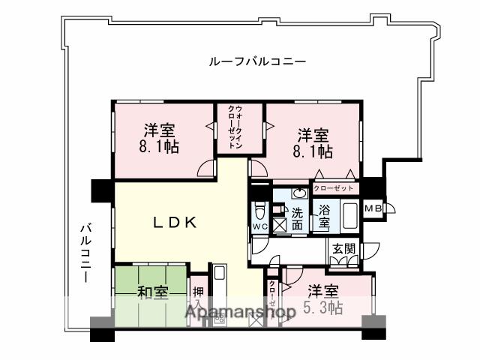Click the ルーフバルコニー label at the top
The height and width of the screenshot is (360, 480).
(256, 61)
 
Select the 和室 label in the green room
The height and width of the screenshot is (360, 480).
(152, 292)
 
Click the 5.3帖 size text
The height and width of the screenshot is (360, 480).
(323, 307)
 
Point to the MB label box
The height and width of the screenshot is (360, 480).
(372, 208)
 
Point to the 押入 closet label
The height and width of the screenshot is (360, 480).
(197, 297)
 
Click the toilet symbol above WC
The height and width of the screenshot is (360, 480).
(259, 208)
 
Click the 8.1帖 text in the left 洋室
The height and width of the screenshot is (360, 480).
(159, 147)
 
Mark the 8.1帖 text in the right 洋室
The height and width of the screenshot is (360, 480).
(313, 151)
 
